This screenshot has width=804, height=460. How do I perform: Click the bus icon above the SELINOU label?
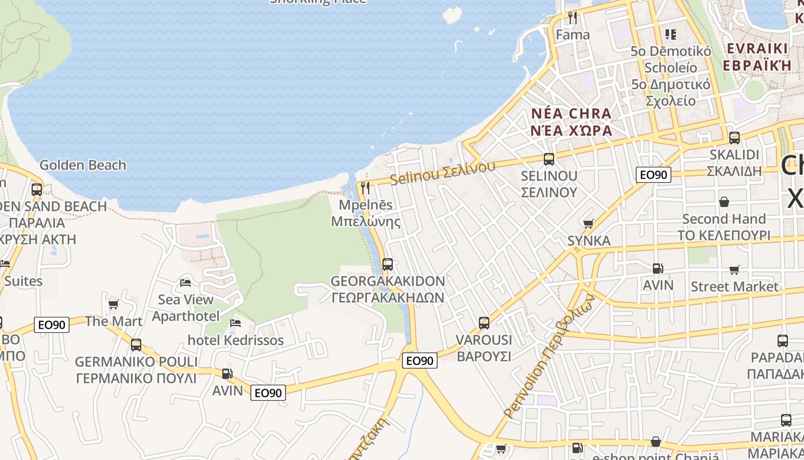pyautogui.click(x=549, y=159)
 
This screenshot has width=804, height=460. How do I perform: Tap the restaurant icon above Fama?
pyautogui.click(x=572, y=17)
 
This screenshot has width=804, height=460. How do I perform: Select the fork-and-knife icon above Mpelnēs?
pyautogui.click(x=365, y=187)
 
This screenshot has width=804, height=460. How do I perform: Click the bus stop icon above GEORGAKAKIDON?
pyautogui.click(x=388, y=264)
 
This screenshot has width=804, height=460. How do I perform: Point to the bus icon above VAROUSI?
pyautogui.click(x=484, y=323)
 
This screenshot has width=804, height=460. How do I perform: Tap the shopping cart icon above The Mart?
pyautogui.click(x=114, y=304)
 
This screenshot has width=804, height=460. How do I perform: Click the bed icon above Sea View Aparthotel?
pyautogui.click(x=185, y=282)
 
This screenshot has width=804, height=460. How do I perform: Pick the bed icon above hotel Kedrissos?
pyautogui.click(x=235, y=323)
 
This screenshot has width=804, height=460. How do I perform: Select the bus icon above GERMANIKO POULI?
pyautogui.click(x=136, y=345)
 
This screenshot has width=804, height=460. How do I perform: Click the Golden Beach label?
pyautogui.click(x=83, y=165)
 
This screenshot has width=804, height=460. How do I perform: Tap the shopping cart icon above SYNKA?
pyautogui.click(x=588, y=224)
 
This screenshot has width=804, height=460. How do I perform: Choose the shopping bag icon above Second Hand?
pyautogui.click(x=724, y=202)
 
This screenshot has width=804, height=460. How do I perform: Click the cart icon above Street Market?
pyautogui.click(x=734, y=270)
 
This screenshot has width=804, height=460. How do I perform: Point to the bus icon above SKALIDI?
pyautogui.click(x=735, y=138)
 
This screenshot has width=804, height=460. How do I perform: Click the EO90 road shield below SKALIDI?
pyautogui.click(x=654, y=175)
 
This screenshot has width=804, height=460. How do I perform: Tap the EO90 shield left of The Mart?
pyautogui.click(x=52, y=325)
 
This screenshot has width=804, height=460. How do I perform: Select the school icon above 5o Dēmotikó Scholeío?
pyautogui.click(x=670, y=34)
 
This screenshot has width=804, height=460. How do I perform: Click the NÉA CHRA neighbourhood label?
pyautogui.click(x=571, y=113)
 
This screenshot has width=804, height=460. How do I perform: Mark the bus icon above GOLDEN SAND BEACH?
pyautogui.click(x=37, y=189)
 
